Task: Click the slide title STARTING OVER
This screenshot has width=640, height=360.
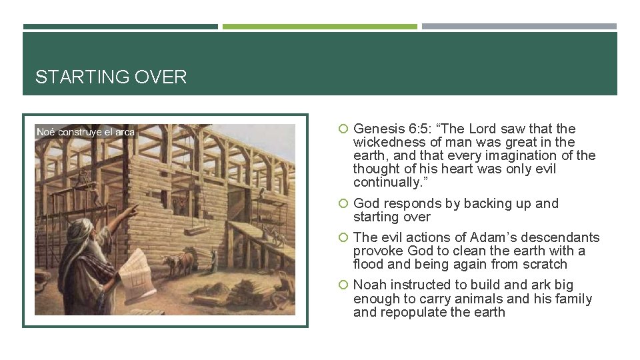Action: [111, 77]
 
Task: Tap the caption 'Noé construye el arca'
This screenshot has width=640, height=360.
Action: [85, 132]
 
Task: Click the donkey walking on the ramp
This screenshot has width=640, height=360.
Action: [275, 235]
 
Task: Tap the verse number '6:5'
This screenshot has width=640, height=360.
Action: [417, 129]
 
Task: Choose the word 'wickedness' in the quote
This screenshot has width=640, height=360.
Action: [388, 142]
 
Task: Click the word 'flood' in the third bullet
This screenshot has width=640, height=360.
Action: [369, 264]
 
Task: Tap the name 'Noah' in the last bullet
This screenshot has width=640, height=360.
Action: [369, 285]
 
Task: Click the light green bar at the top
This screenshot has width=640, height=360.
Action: [319, 27]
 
